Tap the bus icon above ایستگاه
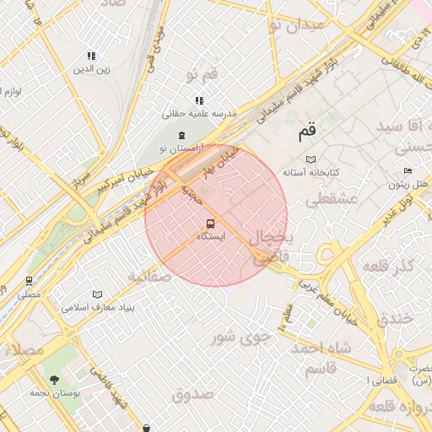point(210,224)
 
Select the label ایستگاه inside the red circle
point(210,237)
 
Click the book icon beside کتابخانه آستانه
point(311,159)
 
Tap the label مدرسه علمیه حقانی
point(200,113)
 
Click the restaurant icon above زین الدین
point(91,57)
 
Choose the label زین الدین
point(91,69)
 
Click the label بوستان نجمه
point(54,393)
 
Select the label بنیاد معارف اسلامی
point(93,306)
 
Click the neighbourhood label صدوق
point(193,393)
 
